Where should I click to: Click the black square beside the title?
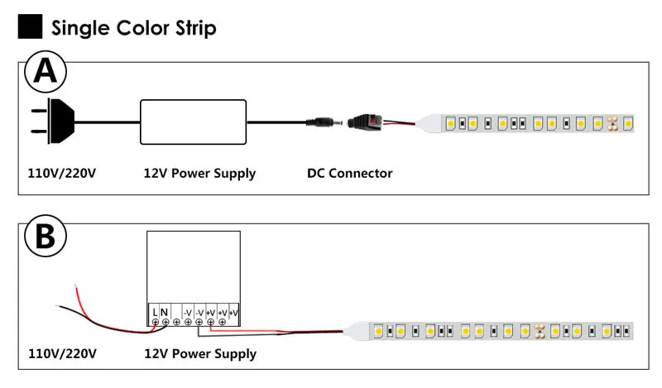pos(30,26)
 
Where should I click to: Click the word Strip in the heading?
pos(195,28)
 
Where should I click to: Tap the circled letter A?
pos(46,72)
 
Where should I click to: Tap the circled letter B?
pos(46,236)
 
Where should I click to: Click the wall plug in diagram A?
pos(53,121)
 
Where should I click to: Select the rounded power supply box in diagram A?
pos(193,122)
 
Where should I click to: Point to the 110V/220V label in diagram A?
pos(61,173)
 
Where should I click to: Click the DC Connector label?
pos(349,173)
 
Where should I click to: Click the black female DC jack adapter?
pos(364,122)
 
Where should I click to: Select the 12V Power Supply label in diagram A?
pos(199,174)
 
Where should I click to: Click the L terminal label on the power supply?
pos(155,313)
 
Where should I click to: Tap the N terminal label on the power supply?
pos(164,313)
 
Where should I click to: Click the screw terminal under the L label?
pos(156,322)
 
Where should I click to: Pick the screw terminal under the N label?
pos(165,322)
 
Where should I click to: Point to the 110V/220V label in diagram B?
pos(63,353)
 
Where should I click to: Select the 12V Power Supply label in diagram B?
pos(200,354)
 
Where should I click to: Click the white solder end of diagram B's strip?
pos(357,331)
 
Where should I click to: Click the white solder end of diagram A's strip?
pos(429,123)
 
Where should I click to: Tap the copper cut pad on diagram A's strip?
pos(612,123)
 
